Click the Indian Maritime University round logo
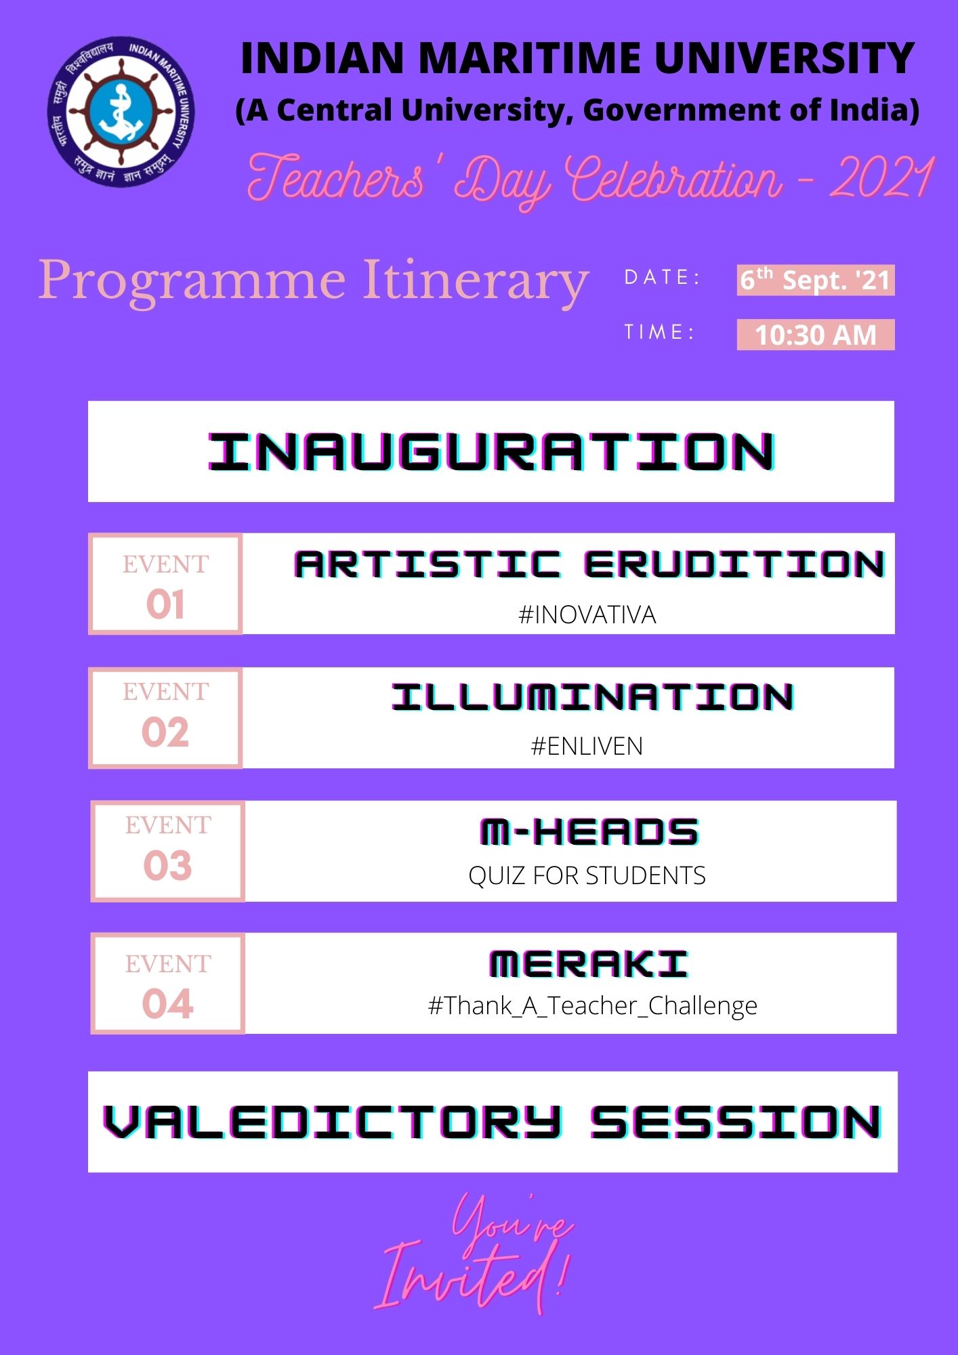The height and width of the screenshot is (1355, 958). (x=121, y=111)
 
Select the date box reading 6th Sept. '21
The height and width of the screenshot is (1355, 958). (x=816, y=280)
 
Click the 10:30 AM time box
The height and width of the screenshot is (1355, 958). (x=816, y=335)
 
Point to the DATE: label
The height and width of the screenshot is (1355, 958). (x=662, y=277)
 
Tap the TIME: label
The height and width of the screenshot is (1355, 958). (x=659, y=332)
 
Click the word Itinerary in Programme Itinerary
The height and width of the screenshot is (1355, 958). (x=476, y=281)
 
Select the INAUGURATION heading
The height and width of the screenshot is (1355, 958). (x=491, y=451)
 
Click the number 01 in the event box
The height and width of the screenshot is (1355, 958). (x=165, y=604)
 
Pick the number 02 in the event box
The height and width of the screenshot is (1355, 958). (x=165, y=732)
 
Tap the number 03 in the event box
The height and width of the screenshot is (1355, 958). (x=168, y=866)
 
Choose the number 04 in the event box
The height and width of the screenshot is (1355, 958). (x=168, y=1003)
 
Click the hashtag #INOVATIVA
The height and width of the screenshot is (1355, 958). (x=587, y=615)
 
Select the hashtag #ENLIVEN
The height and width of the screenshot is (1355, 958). (x=587, y=747)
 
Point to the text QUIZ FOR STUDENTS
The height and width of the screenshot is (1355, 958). (x=587, y=876)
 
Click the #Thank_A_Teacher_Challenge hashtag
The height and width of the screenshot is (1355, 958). (x=593, y=1006)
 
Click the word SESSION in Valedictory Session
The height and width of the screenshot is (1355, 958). (x=736, y=1123)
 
